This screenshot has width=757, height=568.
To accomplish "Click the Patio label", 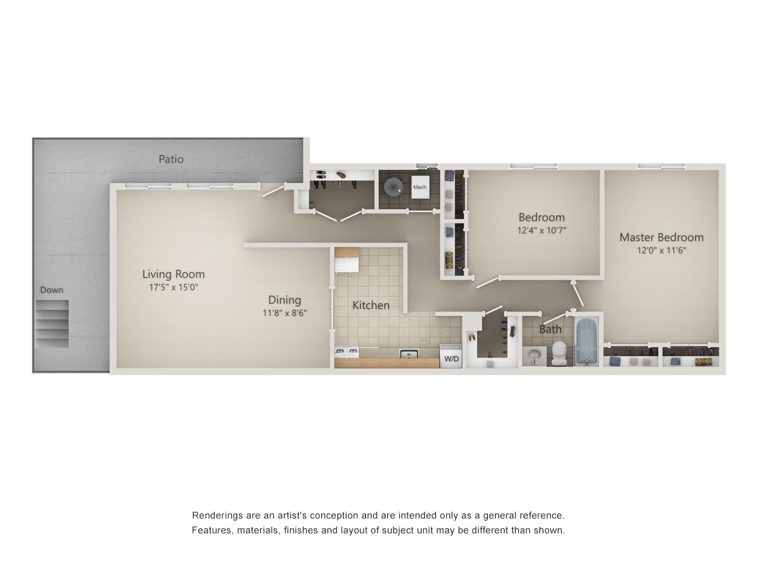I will (x=171, y=159).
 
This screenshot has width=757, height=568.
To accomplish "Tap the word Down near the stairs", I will (x=51, y=290).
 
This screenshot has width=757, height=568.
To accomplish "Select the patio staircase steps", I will (x=52, y=323).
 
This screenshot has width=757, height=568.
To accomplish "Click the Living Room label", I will (x=173, y=274).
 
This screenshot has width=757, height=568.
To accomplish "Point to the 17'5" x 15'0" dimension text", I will (x=173, y=288).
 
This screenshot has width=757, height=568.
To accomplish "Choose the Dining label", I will (x=284, y=300).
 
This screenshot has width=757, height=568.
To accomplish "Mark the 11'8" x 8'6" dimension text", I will (x=284, y=313).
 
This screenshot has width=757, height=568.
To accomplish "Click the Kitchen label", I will (x=371, y=305).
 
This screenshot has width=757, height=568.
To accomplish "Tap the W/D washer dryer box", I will (x=451, y=358).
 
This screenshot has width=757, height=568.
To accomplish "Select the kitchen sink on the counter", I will (x=409, y=354).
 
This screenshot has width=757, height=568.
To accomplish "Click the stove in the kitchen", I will (x=347, y=353).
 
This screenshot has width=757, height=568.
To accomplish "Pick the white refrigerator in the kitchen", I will (x=347, y=261).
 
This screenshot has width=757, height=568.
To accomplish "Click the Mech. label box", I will (x=420, y=187).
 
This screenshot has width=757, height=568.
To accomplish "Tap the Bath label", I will (x=550, y=330).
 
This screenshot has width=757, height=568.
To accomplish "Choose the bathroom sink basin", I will (x=534, y=356).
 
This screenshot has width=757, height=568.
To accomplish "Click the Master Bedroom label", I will (x=661, y=237).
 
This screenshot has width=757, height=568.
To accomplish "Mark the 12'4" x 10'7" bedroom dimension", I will (x=542, y=230).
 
